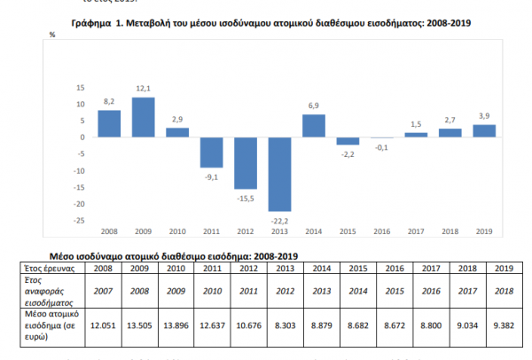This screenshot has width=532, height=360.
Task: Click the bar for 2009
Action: tap(144, 117)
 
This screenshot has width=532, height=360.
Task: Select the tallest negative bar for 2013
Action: tap(280, 174)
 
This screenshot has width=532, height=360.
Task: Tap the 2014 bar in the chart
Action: tap(314, 126)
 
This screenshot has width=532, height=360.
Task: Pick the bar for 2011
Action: tap(212, 153)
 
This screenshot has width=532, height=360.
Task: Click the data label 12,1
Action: tap(144, 89)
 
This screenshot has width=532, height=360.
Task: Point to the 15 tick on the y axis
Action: tap(80, 87)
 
